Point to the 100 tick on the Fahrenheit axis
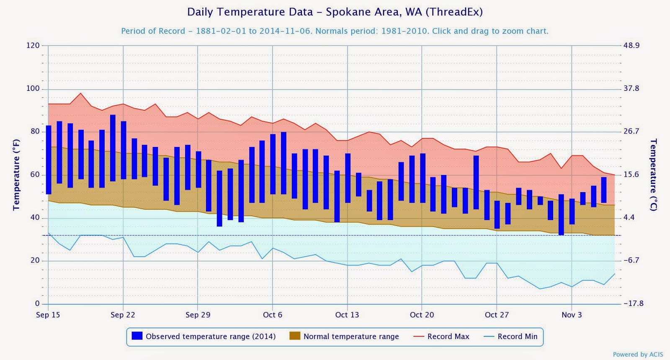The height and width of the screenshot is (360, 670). (33, 88)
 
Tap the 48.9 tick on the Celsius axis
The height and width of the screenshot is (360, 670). (631, 45)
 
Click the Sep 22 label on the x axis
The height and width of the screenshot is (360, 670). (123, 315)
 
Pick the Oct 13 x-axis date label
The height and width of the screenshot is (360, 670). (347, 315)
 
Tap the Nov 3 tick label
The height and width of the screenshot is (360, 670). (572, 315)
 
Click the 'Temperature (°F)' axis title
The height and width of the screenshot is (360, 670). (16, 175)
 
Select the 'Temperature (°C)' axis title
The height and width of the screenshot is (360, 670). (653, 175)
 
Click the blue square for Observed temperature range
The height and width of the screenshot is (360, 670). (137, 336)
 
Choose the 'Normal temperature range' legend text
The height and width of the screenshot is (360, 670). (351, 337)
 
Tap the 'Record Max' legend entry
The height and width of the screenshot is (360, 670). (448, 337)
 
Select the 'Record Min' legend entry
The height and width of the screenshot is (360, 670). (517, 337)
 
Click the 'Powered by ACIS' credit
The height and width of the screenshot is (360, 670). (638, 355)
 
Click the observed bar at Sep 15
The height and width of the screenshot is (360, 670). (49, 159)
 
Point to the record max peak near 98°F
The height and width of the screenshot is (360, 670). (81, 93)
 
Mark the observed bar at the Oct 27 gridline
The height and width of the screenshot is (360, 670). (497, 214)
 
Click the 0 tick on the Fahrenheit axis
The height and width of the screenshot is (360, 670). (37, 303)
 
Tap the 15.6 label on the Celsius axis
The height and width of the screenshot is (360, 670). (631, 175)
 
